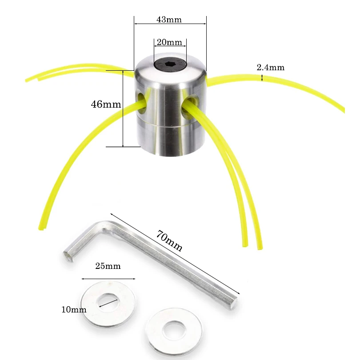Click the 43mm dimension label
point(169,20)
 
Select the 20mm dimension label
point(169,42)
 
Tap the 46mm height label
point(106,104)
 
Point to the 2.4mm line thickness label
point(270,68)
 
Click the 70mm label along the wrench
point(169,240)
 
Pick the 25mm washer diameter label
point(108,266)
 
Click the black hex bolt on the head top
point(170,65)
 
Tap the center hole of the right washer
point(173,329)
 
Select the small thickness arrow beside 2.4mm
point(262,78)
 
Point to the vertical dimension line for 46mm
point(122,108)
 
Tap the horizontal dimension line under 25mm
point(108,279)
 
